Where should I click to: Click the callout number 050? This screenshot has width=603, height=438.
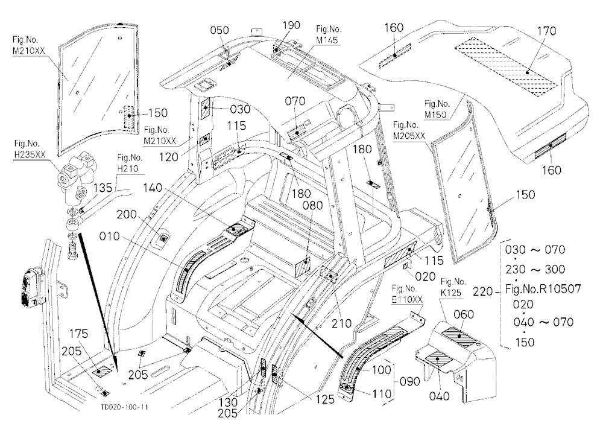(x=219, y=30)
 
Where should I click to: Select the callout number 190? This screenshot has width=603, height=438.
(x=291, y=25)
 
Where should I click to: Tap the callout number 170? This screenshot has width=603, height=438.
(x=546, y=31)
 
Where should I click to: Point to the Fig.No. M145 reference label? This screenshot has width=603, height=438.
(x=329, y=34)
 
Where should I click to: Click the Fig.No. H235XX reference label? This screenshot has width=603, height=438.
(x=30, y=149)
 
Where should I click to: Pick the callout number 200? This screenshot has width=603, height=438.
(x=127, y=214)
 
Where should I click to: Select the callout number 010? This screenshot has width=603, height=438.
(x=110, y=236)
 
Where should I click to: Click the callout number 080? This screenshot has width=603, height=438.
(x=312, y=206)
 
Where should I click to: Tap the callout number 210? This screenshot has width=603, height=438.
(x=341, y=323)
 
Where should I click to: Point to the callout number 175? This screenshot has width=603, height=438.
(x=78, y=334)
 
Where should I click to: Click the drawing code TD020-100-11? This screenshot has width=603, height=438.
(x=125, y=407)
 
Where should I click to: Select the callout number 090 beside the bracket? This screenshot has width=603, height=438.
(x=410, y=381)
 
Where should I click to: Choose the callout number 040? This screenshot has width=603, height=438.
(x=439, y=396)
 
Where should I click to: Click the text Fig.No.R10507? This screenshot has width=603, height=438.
(x=543, y=288)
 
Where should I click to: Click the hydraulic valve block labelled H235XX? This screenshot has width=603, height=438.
(x=77, y=176)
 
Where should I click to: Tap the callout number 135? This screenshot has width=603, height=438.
(x=103, y=188)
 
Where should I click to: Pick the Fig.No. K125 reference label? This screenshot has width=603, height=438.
(x=453, y=287)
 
